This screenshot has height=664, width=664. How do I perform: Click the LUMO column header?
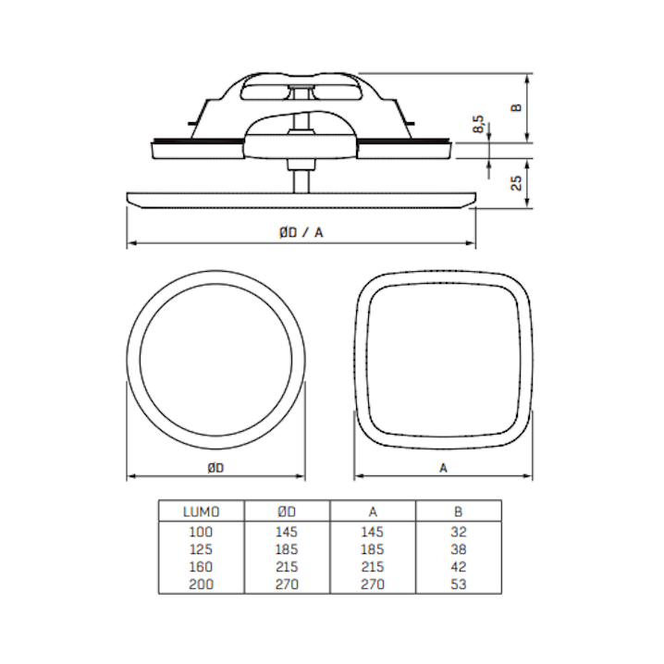click(202, 511)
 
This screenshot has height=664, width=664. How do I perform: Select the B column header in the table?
click(458, 511)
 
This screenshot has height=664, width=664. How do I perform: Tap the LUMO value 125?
click(201, 549)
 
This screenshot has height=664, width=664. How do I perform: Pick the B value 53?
click(459, 584)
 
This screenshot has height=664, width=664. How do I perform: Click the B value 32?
click(459, 532)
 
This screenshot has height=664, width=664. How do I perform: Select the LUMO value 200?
click(201, 584)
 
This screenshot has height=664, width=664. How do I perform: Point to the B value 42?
click(459, 567)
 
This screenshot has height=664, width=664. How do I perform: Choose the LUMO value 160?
click(201, 567)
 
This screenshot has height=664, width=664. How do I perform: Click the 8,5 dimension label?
click(478, 124)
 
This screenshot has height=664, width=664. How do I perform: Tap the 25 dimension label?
click(516, 183)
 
